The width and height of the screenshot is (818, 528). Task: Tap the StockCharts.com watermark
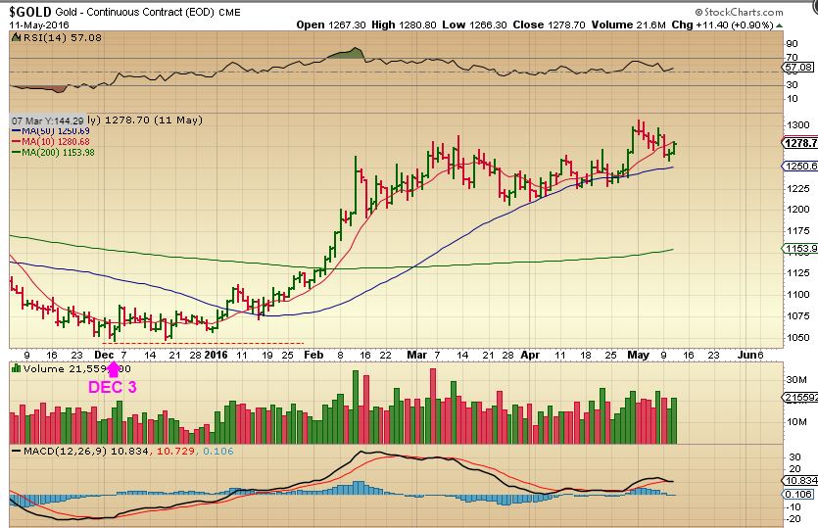pos(770,9)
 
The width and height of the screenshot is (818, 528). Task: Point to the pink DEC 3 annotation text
pos(113,387)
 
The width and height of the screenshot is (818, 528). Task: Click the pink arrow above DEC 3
pos(113,369)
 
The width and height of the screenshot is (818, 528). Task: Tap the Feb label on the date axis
pos(313,354)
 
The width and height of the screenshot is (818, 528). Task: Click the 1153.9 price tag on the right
pos(798,249)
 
